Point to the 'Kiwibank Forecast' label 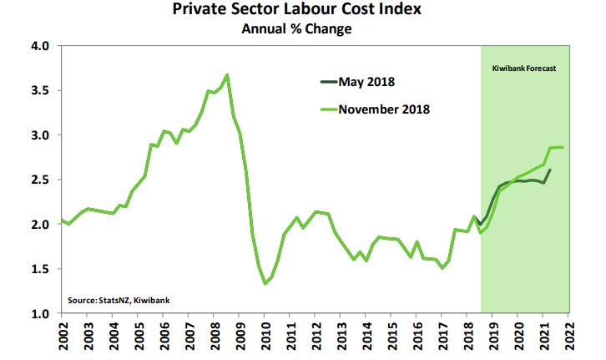524,67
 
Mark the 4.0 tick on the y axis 41,45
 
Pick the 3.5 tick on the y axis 41,90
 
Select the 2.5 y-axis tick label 41,180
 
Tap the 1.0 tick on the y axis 41,314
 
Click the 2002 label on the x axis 63,337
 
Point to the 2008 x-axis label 214,337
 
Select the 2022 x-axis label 568,337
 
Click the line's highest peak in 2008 227,75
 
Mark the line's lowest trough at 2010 265,284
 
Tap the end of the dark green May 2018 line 549,170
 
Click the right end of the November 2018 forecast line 563,147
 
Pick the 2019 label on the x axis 492,337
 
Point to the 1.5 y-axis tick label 41,269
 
